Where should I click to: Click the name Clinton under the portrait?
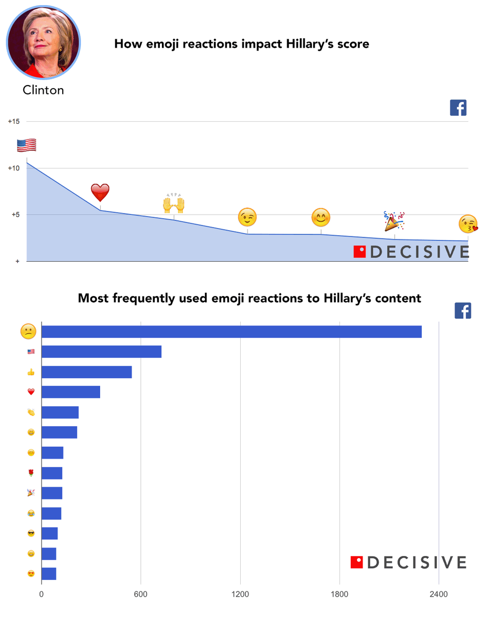click(44, 90)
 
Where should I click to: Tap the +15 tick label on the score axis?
click(14, 121)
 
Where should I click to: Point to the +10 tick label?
click(14, 168)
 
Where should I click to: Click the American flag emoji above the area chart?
click(26, 145)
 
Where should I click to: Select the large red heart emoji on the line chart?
click(100, 192)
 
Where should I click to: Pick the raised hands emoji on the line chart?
click(174, 203)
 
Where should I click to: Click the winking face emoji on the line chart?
click(247, 217)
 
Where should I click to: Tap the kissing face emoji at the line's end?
click(468, 224)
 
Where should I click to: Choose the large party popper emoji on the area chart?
click(394, 221)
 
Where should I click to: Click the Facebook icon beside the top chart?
click(458, 107)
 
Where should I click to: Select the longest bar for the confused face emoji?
click(231, 332)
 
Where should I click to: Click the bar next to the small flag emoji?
click(102, 351)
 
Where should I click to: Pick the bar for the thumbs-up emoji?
click(87, 372)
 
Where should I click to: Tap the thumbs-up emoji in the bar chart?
click(31, 372)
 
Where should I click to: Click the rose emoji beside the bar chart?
click(31, 473)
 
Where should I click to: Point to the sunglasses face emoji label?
click(31, 533)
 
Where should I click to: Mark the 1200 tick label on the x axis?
click(240, 594)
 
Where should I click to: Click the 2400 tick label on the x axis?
click(439, 594)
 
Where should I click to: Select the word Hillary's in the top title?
click(310, 44)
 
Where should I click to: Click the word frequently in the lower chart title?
click(144, 299)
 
